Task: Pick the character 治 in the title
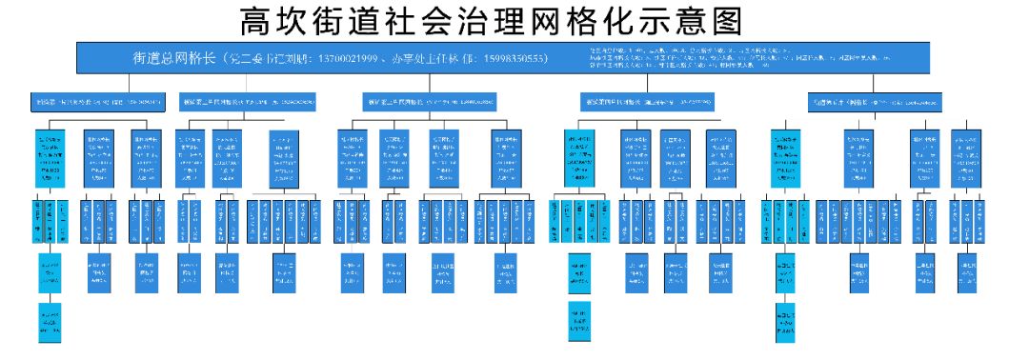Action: [512, 21]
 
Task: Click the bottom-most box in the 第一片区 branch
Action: [50, 323]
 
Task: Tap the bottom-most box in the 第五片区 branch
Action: [785, 323]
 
